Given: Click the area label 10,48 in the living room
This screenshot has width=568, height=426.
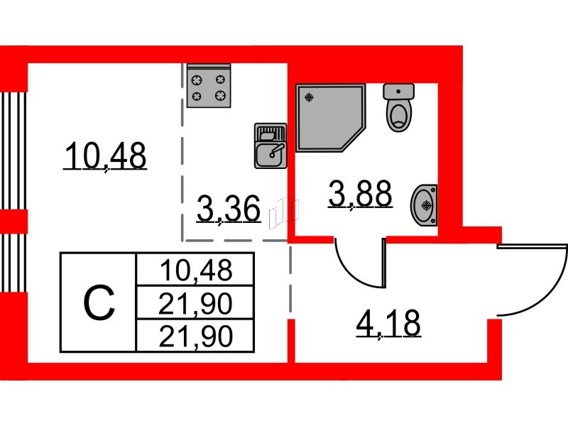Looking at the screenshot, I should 104,155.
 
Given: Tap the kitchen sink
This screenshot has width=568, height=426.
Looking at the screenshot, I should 270,146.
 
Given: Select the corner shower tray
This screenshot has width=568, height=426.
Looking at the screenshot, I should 330,117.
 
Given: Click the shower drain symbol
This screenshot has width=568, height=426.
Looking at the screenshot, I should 309,97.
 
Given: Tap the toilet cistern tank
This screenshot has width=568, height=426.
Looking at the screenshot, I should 399,91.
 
